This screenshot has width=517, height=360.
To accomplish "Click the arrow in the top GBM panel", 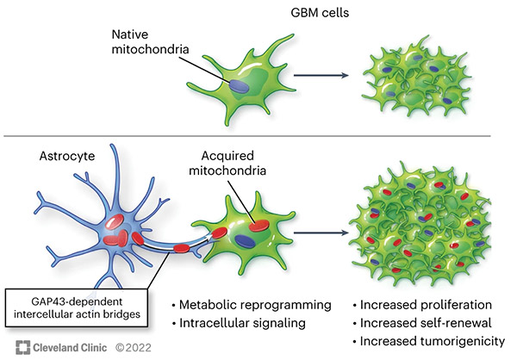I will (321, 76).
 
